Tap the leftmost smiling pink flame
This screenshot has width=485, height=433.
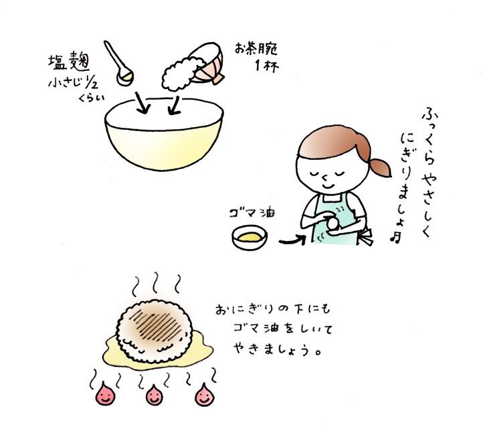pos(104,394)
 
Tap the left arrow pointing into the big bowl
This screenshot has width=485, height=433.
pos(142,102)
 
